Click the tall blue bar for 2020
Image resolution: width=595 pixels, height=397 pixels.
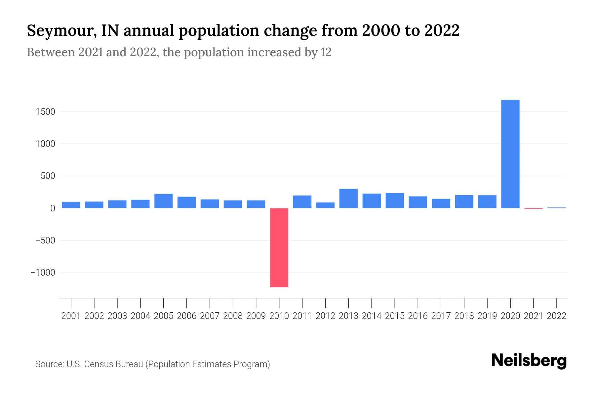click(x=510, y=154)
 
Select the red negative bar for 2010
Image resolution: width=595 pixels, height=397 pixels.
click(x=279, y=247)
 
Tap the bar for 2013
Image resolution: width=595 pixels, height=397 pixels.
click(x=348, y=198)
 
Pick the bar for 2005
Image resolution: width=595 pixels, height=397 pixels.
click(x=163, y=201)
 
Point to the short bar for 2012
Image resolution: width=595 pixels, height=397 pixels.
click(x=325, y=205)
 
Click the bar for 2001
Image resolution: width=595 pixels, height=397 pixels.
click(x=71, y=205)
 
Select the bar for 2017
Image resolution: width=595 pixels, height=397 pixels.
click(x=441, y=203)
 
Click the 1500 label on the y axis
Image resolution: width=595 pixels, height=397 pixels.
click(x=45, y=112)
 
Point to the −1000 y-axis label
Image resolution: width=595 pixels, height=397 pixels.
click(x=43, y=273)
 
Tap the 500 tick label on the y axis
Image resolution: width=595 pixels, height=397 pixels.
click(x=48, y=176)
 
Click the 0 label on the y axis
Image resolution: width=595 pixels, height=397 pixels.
click(x=53, y=208)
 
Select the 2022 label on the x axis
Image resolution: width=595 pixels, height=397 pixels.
click(x=556, y=316)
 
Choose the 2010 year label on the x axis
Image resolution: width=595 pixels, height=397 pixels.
click(x=279, y=316)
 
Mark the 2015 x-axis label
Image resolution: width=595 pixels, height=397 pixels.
click(x=395, y=316)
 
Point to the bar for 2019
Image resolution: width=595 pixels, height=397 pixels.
click(x=487, y=201)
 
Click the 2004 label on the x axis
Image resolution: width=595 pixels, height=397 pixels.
click(x=140, y=316)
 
